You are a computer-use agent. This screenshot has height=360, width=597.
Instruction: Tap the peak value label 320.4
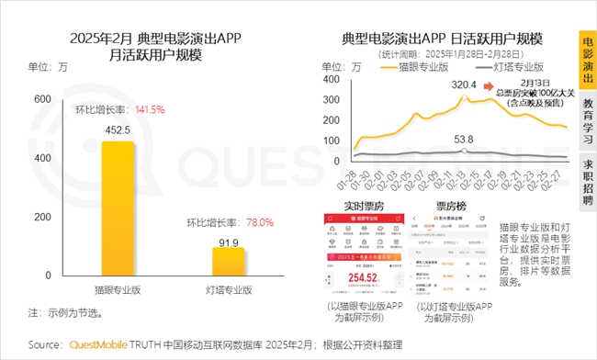[x=464, y=84]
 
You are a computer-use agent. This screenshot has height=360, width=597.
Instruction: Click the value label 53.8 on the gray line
[x=464, y=139]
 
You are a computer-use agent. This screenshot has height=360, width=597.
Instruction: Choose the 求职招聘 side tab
[x=587, y=180]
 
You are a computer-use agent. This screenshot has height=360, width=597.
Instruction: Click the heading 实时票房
[x=351, y=205]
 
